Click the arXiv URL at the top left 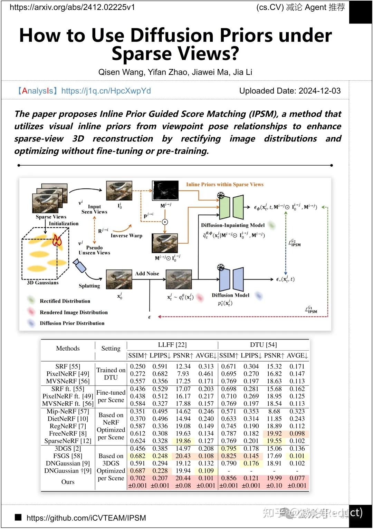[72, 7]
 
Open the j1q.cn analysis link [106, 91]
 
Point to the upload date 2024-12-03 [319, 91]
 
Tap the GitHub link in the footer [86, 518]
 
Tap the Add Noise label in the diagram [147, 273]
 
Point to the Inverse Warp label [126, 235]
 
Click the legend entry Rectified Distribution [65, 301]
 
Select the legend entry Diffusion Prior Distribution [72, 323]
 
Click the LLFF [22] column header [172, 345]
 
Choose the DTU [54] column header [263, 345]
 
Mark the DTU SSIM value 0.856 [229, 478]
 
